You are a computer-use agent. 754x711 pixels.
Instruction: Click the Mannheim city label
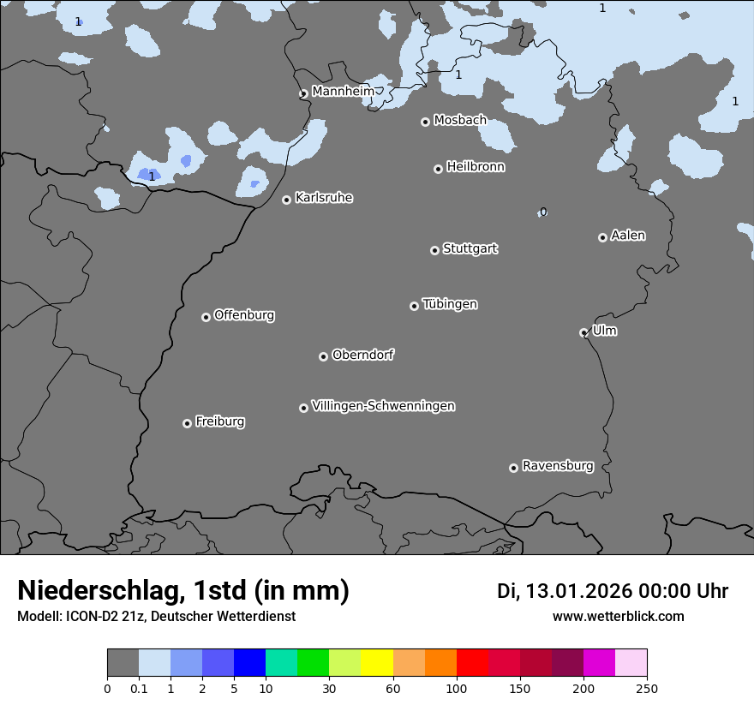coord(343,91)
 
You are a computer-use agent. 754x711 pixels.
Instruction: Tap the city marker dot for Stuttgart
coord(434,250)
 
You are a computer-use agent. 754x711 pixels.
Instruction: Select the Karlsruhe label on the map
coord(324,198)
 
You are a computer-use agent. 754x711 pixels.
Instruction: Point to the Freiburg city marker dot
coord(187,423)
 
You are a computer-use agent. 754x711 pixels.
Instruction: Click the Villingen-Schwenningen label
coord(383,406)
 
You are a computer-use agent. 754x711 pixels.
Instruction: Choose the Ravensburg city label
coord(558,466)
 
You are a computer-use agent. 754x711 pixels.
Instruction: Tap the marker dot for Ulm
coord(583,332)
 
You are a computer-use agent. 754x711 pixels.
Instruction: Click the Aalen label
coord(628,236)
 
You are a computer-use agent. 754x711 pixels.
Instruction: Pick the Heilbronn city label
coord(476,167)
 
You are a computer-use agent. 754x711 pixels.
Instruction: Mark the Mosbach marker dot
coord(425,122)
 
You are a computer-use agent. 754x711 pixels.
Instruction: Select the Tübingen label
coord(450,304)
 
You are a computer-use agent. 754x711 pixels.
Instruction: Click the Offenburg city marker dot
coord(206,317)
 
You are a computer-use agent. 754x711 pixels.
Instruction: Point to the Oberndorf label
coord(362,355)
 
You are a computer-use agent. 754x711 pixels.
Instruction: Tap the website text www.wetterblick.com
coord(618,616)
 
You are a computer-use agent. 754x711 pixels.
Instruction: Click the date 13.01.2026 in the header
coord(578,591)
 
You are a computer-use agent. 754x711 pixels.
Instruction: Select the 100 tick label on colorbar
coord(457,688)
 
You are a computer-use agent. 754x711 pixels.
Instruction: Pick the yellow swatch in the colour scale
coord(377,663)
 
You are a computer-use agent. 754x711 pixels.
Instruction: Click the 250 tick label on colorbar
coord(647,688)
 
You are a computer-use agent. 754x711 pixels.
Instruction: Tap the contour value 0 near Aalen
coord(542,212)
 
